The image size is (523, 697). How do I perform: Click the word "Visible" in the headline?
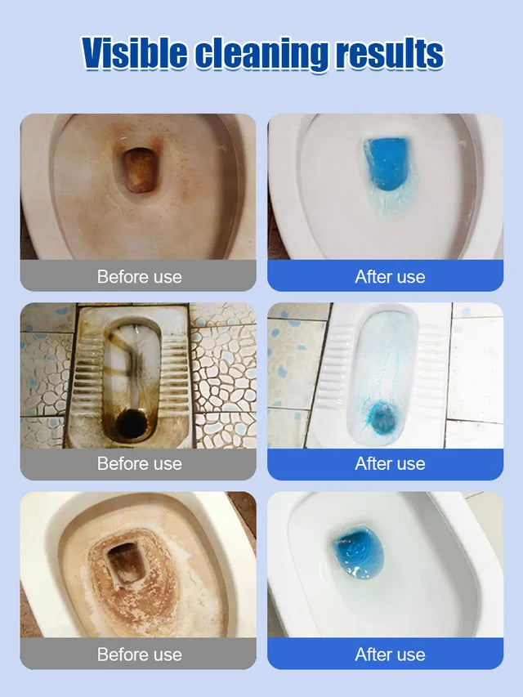click(x=135, y=53)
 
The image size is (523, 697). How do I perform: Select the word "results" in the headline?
click(x=390, y=53)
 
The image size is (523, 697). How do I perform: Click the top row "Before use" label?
click(x=139, y=276)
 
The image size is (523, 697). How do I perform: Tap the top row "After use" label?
click(x=390, y=276)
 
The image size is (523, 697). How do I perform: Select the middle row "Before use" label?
click(x=139, y=463)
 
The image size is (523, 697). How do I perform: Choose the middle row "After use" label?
click(x=390, y=463)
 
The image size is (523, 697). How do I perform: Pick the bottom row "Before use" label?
click(x=139, y=655)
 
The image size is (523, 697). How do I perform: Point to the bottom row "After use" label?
click(x=390, y=655)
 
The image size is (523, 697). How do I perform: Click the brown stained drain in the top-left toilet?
click(x=139, y=169)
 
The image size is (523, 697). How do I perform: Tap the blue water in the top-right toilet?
click(x=387, y=163)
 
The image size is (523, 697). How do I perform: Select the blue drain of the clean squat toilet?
click(x=382, y=418)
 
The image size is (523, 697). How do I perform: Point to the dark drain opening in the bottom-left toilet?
click(x=127, y=563)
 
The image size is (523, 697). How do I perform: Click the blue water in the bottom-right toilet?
click(x=359, y=552)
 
